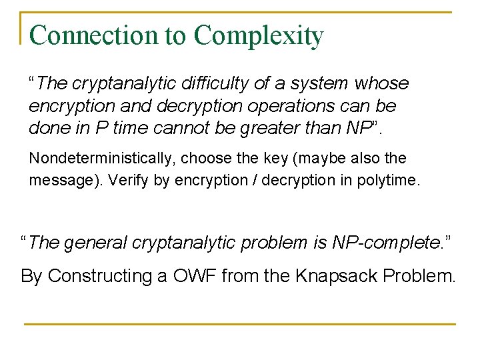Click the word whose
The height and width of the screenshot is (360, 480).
coord(382,84)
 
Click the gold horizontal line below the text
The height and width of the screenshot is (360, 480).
coord(240,324)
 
